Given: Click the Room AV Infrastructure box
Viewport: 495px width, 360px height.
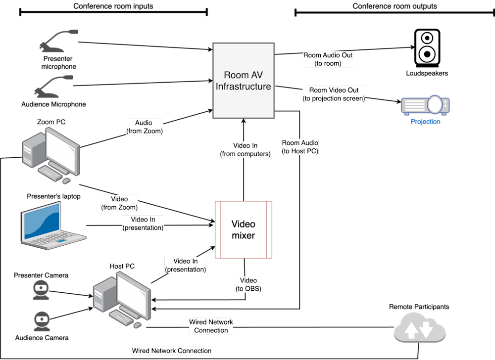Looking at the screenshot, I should click(244, 80).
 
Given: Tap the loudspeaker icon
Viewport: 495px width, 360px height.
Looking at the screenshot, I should click(427, 47).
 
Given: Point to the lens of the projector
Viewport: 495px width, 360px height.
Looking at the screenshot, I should click(434, 104).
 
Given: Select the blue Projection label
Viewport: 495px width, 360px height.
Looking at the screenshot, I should click(425, 121).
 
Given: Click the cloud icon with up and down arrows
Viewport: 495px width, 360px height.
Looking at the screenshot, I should click(419, 327).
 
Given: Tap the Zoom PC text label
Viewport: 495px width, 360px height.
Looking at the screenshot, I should click(51, 122).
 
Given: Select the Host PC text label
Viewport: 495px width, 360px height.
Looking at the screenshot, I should click(122, 266).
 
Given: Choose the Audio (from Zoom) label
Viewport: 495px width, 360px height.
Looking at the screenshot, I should click(144, 127).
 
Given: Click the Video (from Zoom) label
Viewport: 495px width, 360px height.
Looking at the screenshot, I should click(119, 203).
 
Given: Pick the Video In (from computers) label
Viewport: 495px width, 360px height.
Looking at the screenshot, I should click(245, 150).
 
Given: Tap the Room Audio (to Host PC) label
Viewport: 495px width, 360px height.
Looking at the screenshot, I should click(300, 147).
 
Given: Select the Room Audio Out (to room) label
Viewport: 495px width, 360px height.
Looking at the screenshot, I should click(328, 59).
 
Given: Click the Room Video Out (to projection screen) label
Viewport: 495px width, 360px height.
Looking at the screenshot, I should click(334, 94).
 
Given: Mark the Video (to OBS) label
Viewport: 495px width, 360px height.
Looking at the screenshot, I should click(248, 284).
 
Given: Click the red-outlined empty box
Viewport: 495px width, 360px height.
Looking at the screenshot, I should click(244, 229).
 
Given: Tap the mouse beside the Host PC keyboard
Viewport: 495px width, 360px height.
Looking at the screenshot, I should click(137, 325).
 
